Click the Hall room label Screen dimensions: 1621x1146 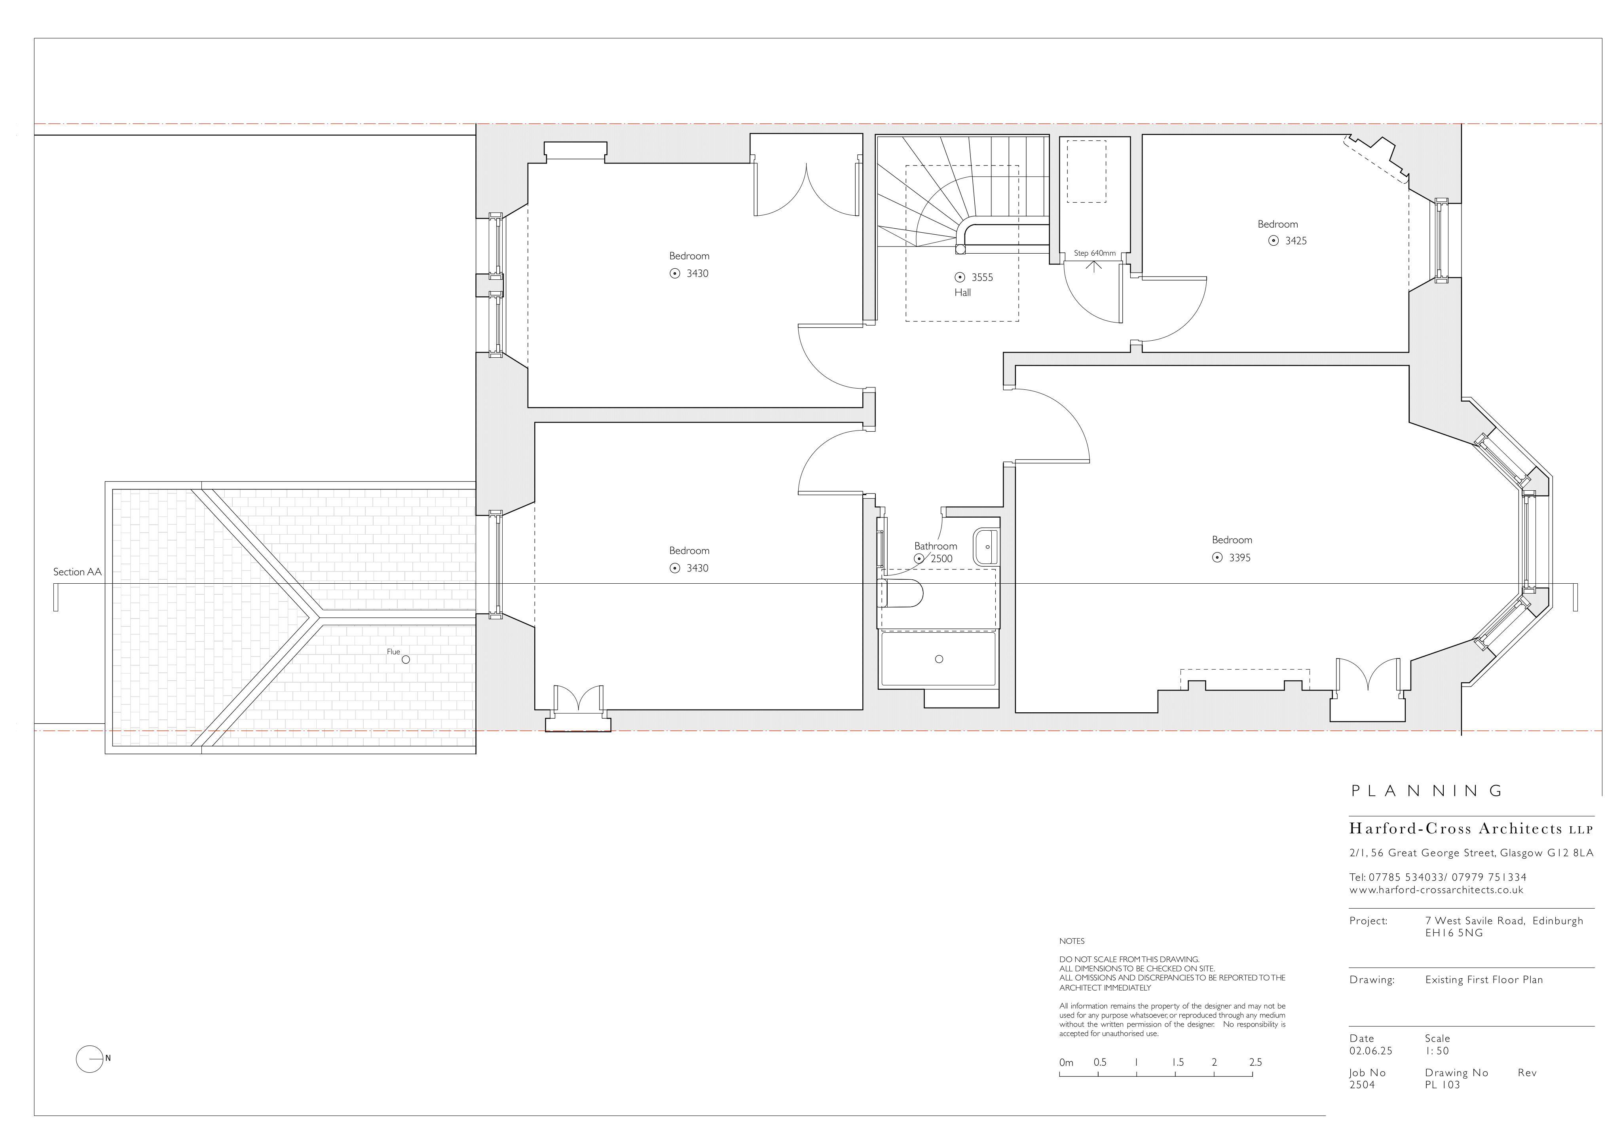962,292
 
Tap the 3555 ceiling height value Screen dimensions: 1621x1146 982,277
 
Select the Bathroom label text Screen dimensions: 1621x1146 936,546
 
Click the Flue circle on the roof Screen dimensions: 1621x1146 405,660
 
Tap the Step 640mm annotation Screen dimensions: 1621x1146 1094,253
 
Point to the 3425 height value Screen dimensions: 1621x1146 1296,241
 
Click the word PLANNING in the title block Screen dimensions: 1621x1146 1427,791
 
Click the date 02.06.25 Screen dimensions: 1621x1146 1370,1051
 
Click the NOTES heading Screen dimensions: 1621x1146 1072,941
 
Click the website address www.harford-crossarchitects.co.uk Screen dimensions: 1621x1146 1436,890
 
